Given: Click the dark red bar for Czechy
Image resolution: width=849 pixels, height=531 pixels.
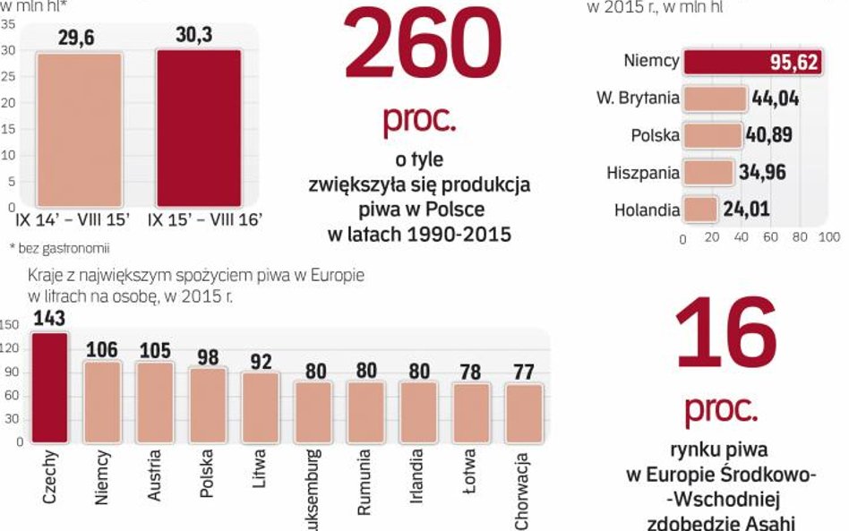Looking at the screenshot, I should coord(49,387).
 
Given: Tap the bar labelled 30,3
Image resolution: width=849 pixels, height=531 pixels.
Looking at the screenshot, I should coord(199,128).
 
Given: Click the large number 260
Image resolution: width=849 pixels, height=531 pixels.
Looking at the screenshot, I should coord(422,47).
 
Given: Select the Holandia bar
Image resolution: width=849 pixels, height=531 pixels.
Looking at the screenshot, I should coord(699,210).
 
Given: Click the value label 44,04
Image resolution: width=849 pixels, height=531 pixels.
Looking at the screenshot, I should coord(776,98).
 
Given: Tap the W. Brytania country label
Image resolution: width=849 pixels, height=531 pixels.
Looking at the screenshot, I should coord(638,98).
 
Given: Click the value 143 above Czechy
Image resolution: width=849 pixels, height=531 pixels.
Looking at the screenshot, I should coord(48,318).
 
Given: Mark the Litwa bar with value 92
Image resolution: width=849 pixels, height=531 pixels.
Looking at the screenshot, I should coord(260,407).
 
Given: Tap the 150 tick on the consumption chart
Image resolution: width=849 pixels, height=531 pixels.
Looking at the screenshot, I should coord(10,325).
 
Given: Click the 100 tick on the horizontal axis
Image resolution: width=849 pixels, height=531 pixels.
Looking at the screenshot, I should coord(828,238).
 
